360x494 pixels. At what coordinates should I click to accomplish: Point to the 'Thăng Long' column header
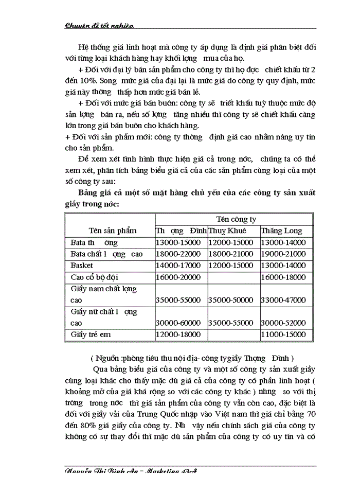(x=282, y=231)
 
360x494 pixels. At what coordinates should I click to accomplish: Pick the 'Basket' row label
(x=82, y=266)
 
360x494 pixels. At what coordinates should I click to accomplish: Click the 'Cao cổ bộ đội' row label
(x=95, y=277)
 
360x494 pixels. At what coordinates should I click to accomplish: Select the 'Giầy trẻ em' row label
(x=91, y=334)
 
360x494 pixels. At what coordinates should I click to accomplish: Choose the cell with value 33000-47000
(x=284, y=300)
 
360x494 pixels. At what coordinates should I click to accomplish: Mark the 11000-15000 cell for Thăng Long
(x=284, y=334)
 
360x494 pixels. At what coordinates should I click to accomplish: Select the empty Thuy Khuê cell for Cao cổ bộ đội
(x=232, y=277)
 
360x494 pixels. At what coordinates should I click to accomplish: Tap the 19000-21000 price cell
(x=284, y=254)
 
